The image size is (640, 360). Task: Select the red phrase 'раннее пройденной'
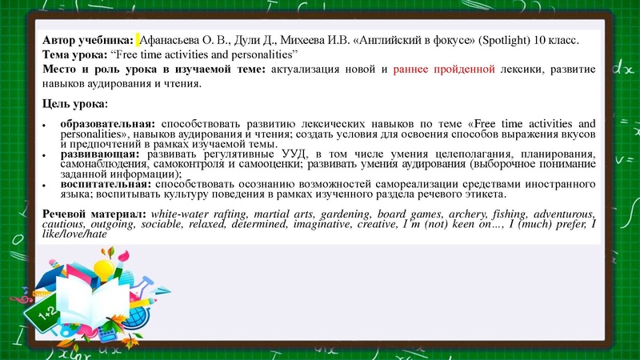click(x=442, y=70)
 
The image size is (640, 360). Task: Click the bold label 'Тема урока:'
click(x=74, y=54)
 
